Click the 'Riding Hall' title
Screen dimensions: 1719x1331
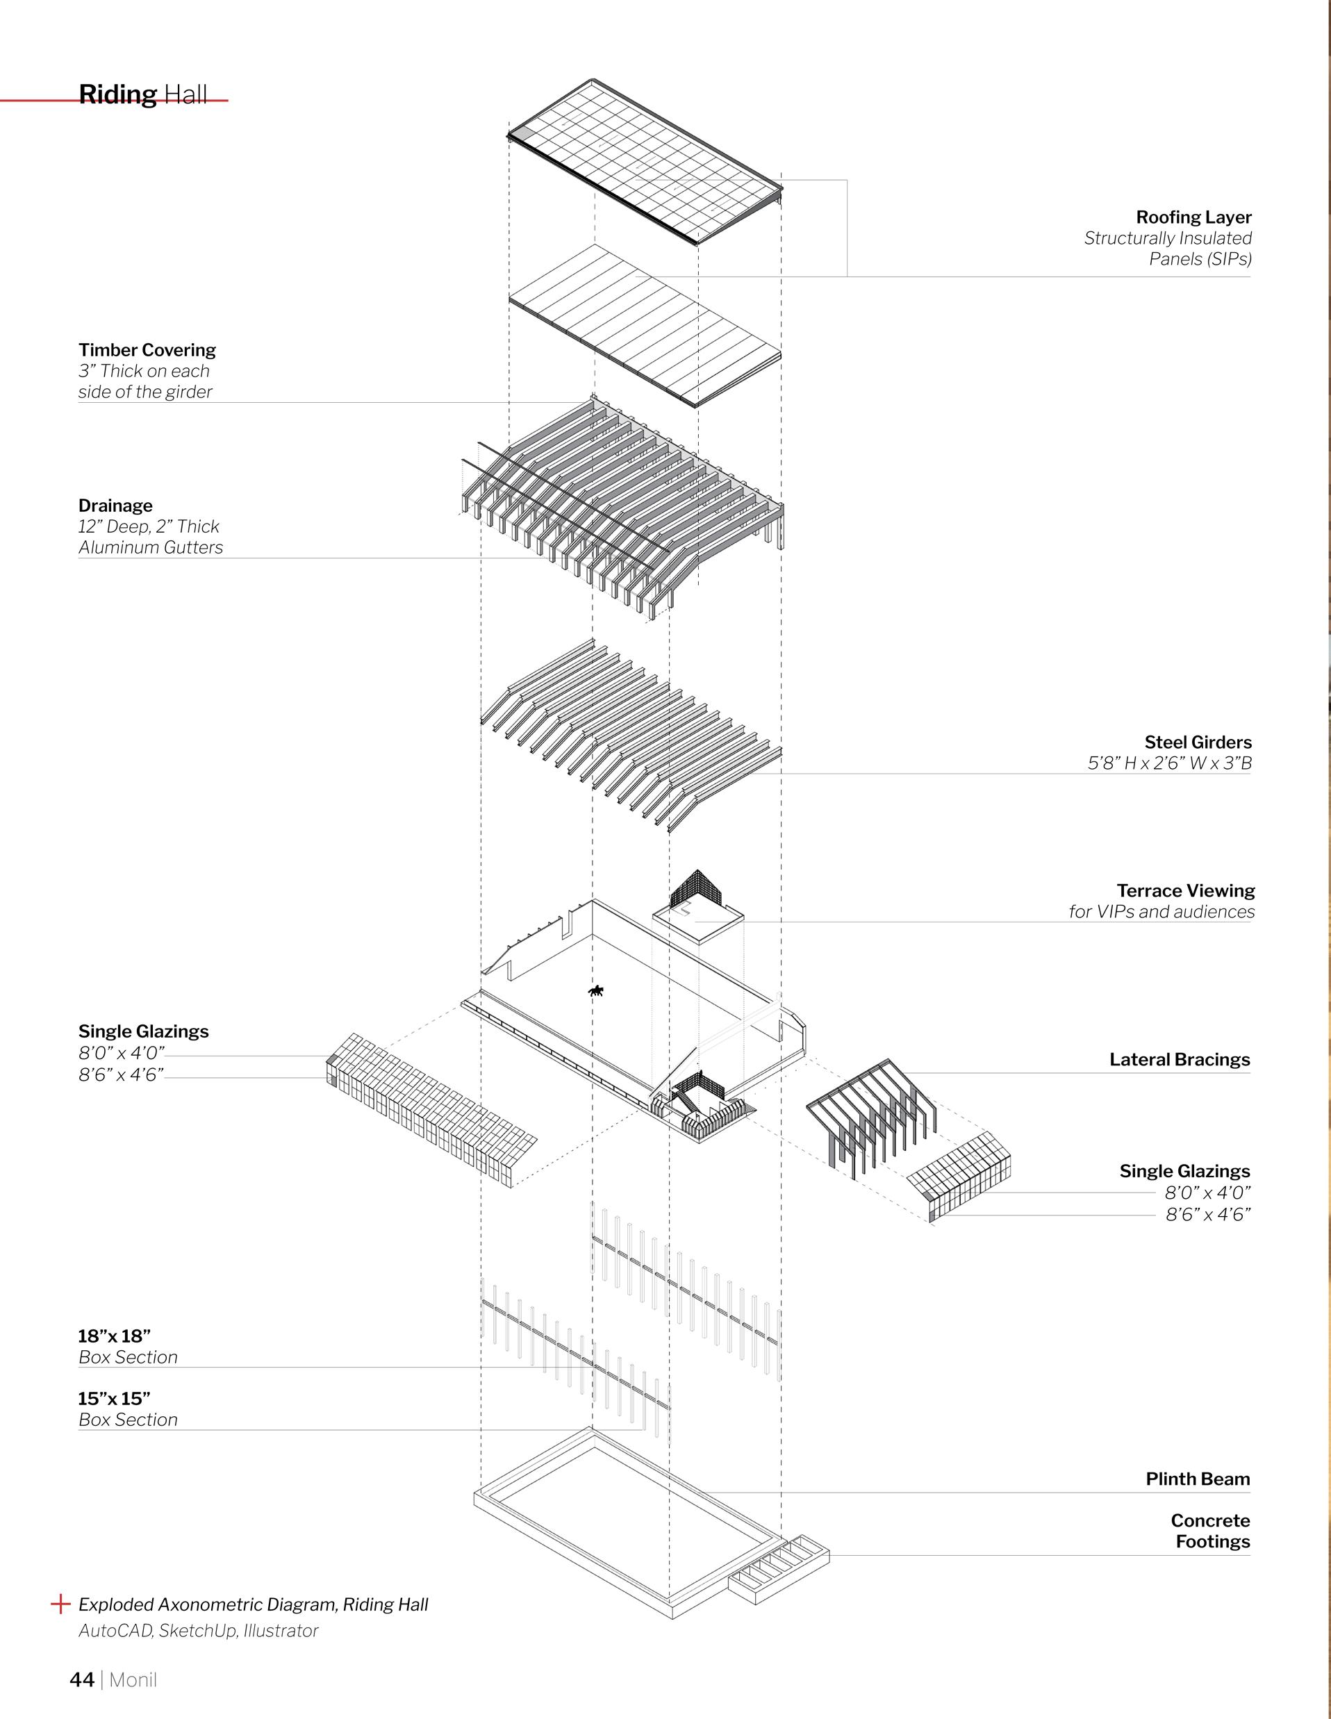coord(142,94)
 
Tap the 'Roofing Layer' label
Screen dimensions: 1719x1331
coord(1193,217)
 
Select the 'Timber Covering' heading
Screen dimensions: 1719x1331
coord(147,350)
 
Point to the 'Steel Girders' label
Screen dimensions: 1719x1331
coord(1197,742)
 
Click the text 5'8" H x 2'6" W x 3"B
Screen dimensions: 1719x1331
coord(1170,763)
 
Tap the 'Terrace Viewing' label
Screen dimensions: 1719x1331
coord(1185,891)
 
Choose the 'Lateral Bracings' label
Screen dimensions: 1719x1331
coord(1179,1060)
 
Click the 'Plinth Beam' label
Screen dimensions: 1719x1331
coord(1197,1479)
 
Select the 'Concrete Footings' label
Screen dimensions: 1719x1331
coord(1211,1531)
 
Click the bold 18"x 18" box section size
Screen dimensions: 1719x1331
coord(114,1336)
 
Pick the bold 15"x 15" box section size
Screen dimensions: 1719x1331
coord(114,1399)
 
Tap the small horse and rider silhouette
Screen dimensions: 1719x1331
coord(596,991)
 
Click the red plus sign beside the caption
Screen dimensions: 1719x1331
coord(60,1604)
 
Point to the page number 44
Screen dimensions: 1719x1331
coord(82,1680)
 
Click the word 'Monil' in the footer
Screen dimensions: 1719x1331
coord(133,1680)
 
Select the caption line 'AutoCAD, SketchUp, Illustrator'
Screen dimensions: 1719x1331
coord(199,1631)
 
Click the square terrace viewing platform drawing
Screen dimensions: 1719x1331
coord(698,921)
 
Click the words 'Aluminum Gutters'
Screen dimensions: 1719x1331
coord(150,548)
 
